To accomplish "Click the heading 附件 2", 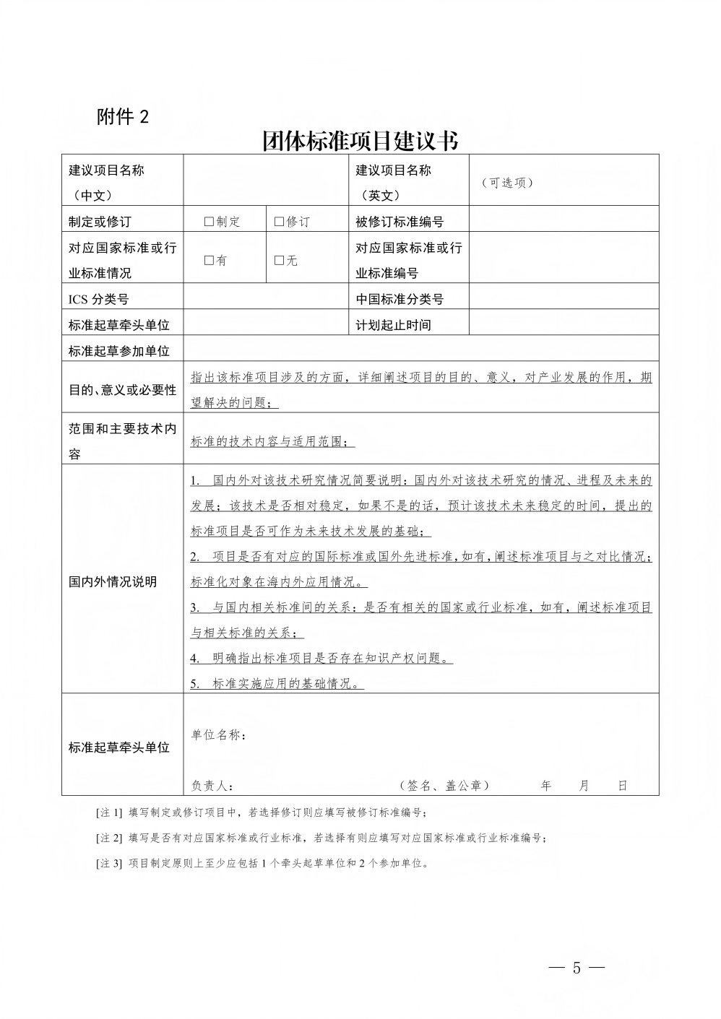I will (x=123, y=117).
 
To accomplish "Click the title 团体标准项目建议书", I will (x=360, y=141).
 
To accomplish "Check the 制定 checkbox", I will (x=209, y=222).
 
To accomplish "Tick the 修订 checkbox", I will (x=279, y=222).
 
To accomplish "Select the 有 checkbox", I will (x=209, y=261).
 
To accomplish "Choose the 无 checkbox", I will (x=279, y=261).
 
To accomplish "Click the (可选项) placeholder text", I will (x=506, y=183).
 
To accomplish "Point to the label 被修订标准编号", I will (x=400, y=222).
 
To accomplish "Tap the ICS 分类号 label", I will (x=98, y=299).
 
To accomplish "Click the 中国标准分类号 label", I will (x=400, y=299).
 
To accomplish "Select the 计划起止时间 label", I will (x=393, y=325).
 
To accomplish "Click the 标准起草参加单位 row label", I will (x=119, y=351).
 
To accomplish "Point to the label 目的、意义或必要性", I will (x=122, y=390).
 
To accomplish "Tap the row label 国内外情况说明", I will (x=113, y=582).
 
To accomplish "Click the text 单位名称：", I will (x=218, y=735).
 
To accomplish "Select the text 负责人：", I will (x=212, y=786).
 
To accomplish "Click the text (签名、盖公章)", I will (x=444, y=786).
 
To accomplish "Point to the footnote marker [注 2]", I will (x=109, y=838).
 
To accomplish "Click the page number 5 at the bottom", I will (x=577, y=968).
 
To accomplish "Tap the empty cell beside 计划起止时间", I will (x=564, y=325).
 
